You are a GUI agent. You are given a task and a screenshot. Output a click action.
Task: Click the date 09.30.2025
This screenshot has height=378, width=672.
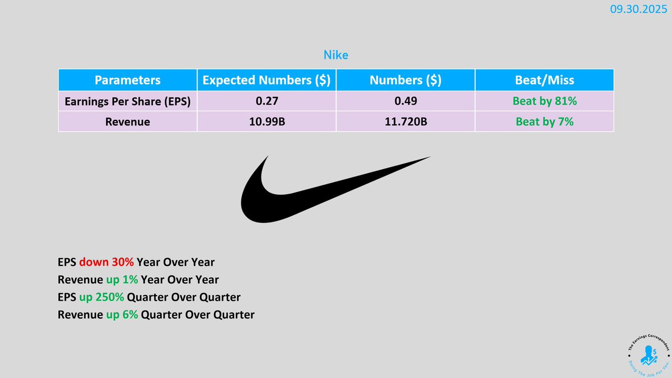tap(638, 10)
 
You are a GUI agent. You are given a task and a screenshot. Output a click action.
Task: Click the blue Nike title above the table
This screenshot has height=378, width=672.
tap(335, 55)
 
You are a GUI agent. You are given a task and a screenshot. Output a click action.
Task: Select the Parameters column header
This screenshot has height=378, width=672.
tap(128, 80)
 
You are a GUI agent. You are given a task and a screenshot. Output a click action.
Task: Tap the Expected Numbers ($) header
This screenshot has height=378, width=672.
tap(267, 80)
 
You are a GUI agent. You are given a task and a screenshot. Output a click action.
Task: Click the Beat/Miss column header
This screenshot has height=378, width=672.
tap(544, 80)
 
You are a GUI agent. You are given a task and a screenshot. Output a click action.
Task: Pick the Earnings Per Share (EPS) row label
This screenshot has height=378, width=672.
tap(128, 101)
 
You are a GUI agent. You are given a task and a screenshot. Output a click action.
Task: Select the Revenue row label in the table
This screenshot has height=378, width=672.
tap(128, 122)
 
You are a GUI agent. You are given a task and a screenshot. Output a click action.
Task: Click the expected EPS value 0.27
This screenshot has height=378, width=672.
tap(267, 101)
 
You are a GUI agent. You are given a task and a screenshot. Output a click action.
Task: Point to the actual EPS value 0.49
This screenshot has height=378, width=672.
tap(405, 101)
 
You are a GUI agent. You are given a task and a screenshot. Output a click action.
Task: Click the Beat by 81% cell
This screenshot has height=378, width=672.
tap(544, 101)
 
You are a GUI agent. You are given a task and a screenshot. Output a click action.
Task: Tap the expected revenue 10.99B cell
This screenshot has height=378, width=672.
tap(267, 122)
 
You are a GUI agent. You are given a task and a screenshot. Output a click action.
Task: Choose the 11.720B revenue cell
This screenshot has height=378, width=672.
tap(406, 122)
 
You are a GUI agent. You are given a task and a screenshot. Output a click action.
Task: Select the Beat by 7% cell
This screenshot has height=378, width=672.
tap(544, 122)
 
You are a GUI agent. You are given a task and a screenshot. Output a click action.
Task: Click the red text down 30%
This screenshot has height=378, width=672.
tap(106, 262)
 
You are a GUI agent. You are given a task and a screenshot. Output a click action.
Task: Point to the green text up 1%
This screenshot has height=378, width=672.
tap(122, 280)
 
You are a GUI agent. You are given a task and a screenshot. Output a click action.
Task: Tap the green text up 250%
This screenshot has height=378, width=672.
tap(101, 297)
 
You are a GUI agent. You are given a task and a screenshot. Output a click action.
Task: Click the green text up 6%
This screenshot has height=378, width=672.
tap(122, 315)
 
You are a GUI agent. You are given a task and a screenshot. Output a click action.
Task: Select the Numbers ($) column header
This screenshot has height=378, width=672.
tap(405, 80)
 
